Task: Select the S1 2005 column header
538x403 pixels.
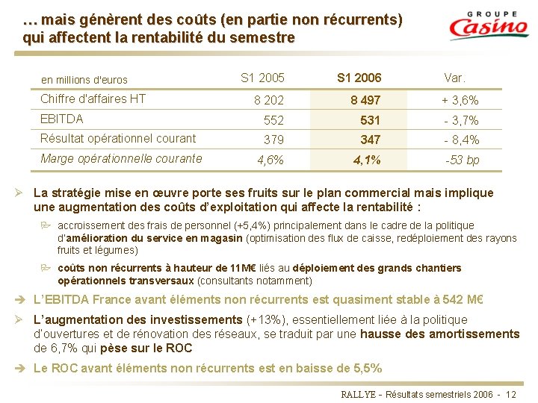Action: pyautogui.click(x=262, y=78)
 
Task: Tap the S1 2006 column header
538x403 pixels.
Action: pyautogui.click(x=359, y=78)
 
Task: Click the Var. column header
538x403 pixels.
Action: pyautogui.click(x=454, y=78)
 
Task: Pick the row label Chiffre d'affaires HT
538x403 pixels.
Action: pyautogui.click(x=93, y=99)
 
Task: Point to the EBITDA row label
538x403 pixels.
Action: pyautogui.click(x=62, y=119)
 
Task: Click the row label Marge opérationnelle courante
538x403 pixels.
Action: pyautogui.click(x=121, y=158)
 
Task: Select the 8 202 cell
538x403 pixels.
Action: pyautogui.click(x=268, y=100)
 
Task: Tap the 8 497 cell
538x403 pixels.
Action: pyautogui.click(x=365, y=100)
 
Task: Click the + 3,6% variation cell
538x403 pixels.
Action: pyautogui.click(x=460, y=100)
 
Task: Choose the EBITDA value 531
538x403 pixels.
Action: pyautogui.click(x=370, y=120)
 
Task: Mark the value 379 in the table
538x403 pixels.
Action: pyautogui.click(x=273, y=140)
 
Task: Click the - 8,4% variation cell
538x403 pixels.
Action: pyautogui.click(x=461, y=140)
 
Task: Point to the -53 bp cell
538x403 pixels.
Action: pyautogui.click(x=463, y=160)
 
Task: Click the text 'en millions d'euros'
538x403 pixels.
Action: pyautogui.click(x=84, y=80)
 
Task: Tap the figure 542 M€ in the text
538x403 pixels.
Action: pyautogui.click(x=464, y=300)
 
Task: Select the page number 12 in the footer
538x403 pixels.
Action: pyautogui.click(x=511, y=393)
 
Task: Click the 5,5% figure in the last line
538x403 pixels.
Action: pyautogui.click(x=365, y=368)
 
